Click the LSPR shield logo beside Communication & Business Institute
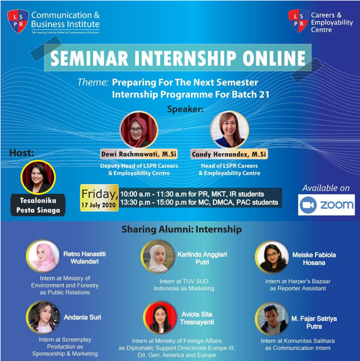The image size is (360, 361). click(18, 21)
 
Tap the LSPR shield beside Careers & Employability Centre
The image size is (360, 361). click(298, 20)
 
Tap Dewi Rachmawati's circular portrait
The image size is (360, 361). click(139, 130)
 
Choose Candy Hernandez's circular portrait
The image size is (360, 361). click(230, 130)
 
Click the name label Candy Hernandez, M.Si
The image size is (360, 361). click(229, 154)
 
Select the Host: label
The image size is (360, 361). click(21, 153)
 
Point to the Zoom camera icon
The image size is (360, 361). click(309, 205)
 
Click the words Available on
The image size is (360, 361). click(325, 188)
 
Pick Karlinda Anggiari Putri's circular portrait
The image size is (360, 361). click(158, 256)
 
